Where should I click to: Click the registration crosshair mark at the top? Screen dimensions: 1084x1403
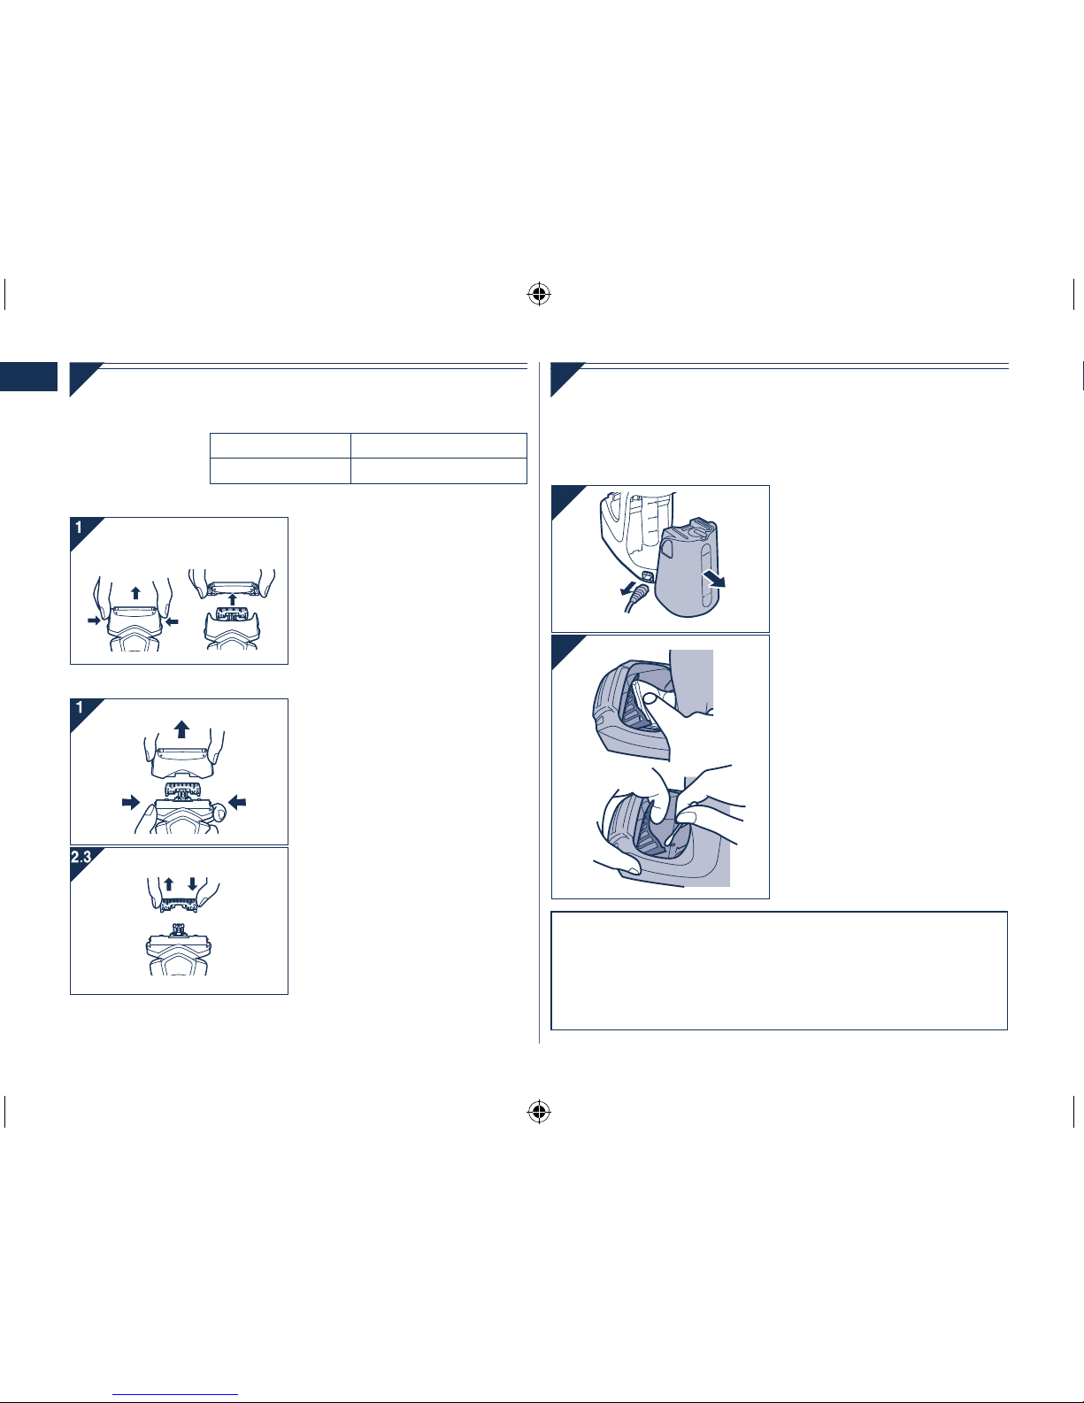coord(539,295)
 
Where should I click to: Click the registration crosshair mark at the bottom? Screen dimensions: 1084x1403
coord(539,1112)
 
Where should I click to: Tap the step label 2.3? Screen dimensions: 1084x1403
coord(81,858)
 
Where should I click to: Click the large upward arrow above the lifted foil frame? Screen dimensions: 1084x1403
coord(182,729)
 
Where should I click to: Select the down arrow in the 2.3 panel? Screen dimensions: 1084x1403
coord(192,884)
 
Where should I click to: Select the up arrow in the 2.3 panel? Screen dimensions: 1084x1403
coord(168,884)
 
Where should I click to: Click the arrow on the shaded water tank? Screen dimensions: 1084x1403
coord(714,579)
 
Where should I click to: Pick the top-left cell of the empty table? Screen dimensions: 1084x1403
coord(281,446)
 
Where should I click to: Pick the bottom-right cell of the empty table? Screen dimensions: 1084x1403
coord(439,471)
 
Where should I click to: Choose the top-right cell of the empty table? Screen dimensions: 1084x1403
coord(439,446)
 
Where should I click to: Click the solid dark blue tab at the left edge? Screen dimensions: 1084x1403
coord(28,377)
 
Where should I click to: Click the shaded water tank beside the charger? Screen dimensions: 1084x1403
coord(687,568)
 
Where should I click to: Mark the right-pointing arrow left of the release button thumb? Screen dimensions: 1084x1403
coord(131,803)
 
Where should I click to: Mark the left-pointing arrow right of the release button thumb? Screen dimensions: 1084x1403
coord(237,803)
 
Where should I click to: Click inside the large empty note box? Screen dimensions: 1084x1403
coord(779,970)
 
